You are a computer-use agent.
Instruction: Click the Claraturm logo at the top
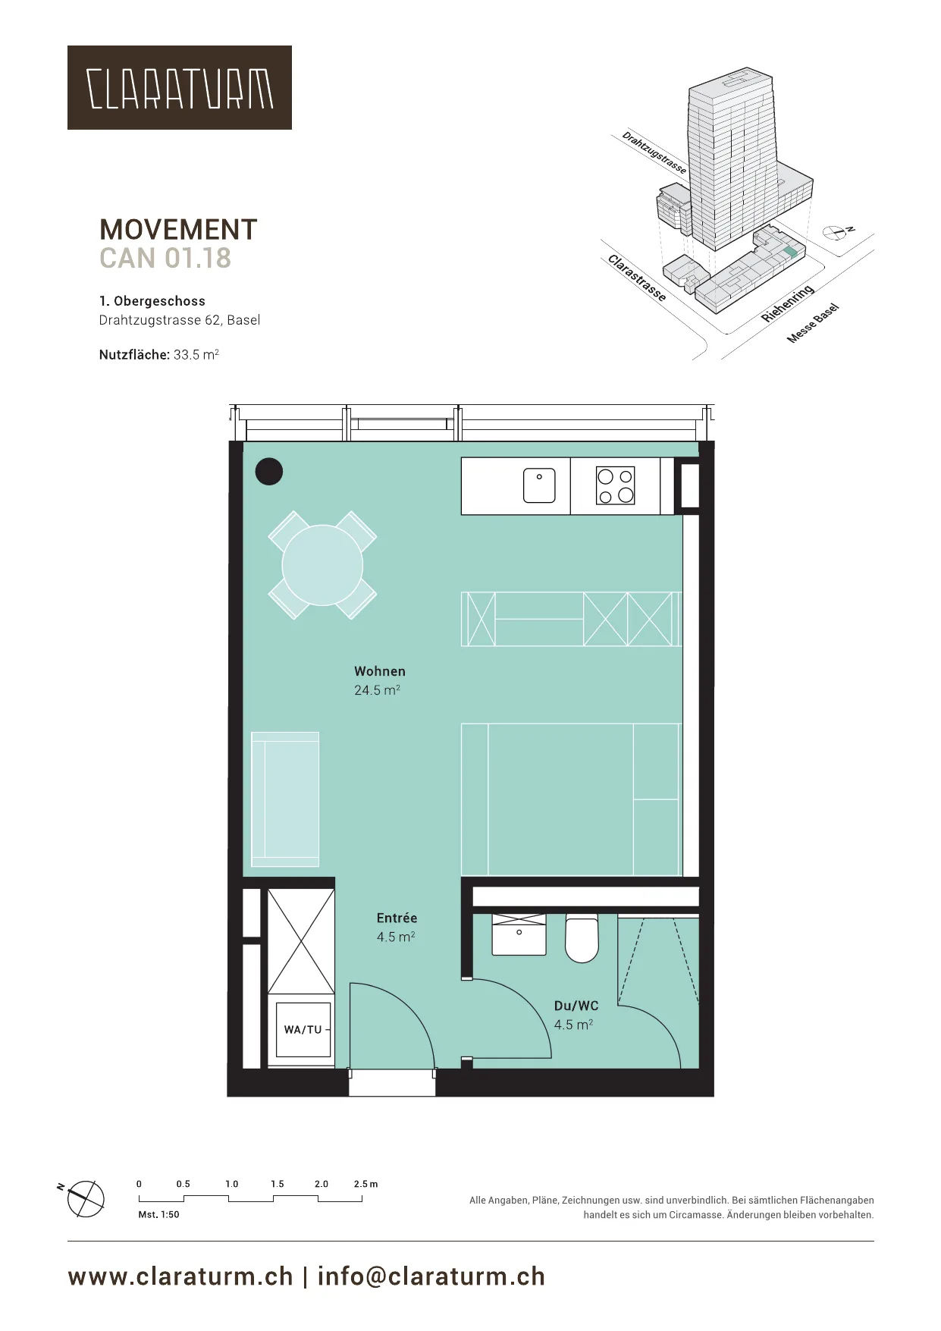(x=180, y=87)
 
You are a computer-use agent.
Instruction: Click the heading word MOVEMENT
(x=178, y=230)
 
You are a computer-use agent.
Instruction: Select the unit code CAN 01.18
(x=165, y=259)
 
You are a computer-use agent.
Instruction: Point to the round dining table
(x=322, y=565)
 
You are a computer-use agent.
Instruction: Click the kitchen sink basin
(x=539, y=485)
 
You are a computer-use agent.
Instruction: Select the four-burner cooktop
(x=615, y=486)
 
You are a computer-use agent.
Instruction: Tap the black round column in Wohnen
(x=268, y=472)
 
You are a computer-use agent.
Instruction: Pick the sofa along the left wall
(x=285, y=799)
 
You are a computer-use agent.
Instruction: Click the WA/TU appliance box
(x=303, y=1029)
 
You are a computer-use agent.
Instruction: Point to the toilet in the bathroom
(x=582, y=938)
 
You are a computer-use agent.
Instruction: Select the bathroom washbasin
(x=519, y=934)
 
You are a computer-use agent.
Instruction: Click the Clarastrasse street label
(x=638, y=278)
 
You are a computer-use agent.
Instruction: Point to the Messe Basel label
(x=813, y=323)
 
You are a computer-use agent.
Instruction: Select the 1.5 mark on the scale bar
(x=278, y=1184)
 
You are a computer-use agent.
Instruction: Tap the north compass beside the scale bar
(x=86, y=1199)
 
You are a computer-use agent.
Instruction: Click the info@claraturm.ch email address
(x=431, y=1276)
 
